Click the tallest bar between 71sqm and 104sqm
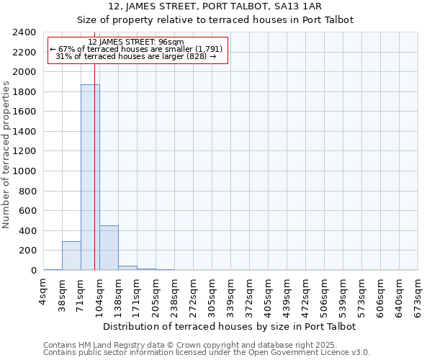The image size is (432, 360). click(x=90, y=177)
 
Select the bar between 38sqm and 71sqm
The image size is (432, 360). click(x=71, y=256)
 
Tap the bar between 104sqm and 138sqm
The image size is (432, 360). click(x=109, y=248)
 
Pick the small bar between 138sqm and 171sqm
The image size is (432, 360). click(x=127, y=268)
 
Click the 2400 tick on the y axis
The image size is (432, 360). click(x=24, y=32)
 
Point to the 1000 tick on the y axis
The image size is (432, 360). click(x=24, y=171)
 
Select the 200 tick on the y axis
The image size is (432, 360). click(x=27, y=251)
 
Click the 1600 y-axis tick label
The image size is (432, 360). click(x=24, y=112)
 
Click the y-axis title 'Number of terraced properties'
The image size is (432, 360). click(x=6, y=154)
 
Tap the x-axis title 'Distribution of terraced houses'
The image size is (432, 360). click(x=230, y=326)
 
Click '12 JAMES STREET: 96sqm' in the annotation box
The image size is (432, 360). click(x=136, y=42)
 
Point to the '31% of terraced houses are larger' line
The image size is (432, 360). click(x=136, y=56)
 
